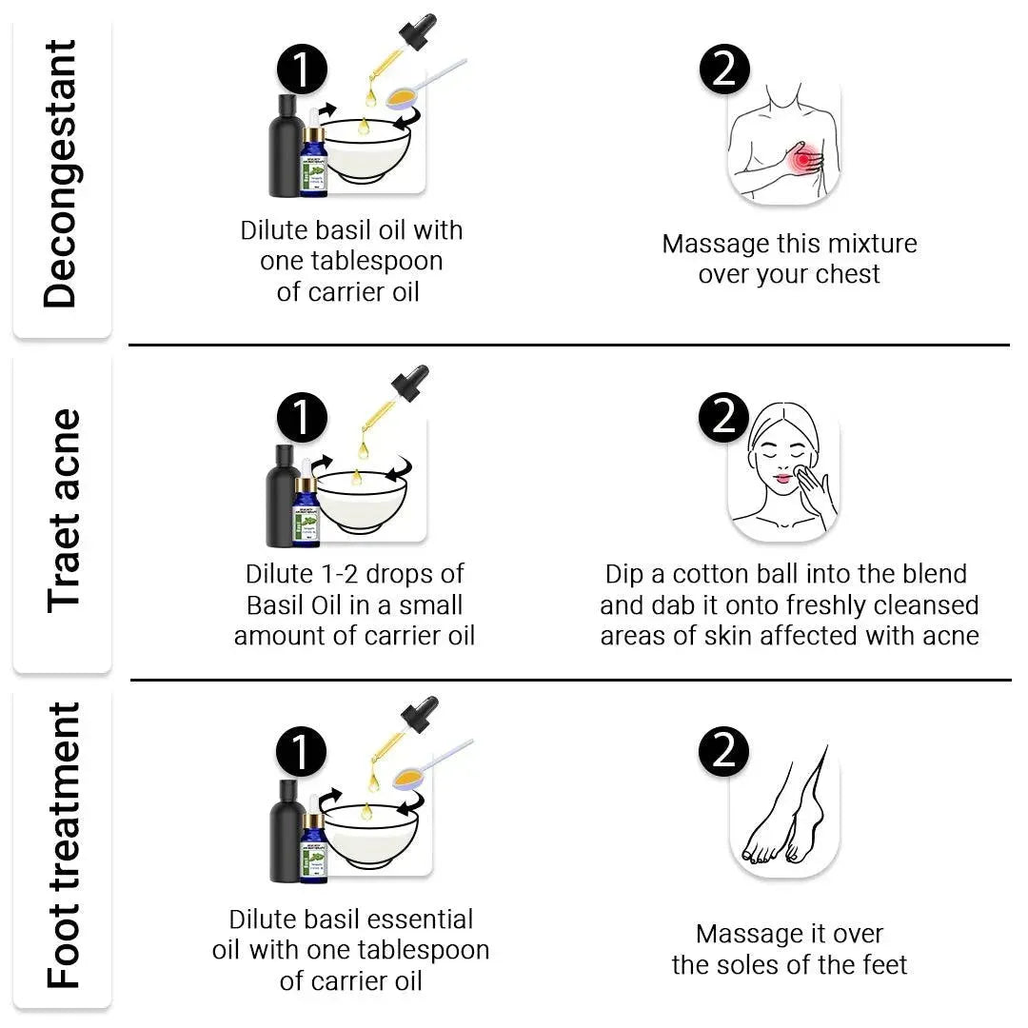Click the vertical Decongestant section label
pyautogui.click(x=61, y=174)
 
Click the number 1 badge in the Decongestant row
pyautogui.click(x=302, y=70)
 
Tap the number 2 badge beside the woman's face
pyautogui.click(x=724, y=417)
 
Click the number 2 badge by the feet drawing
pyautogui.click(x=724, y=752)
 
